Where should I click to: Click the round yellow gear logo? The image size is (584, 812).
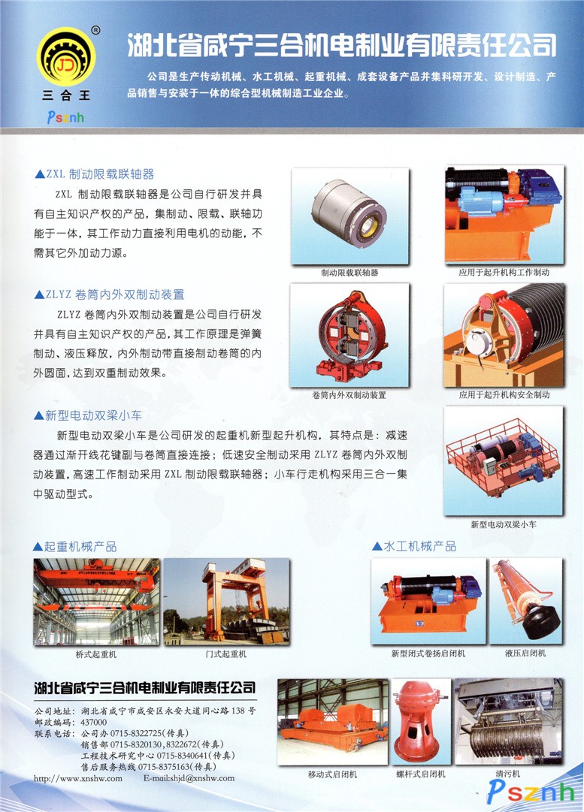(x=66, y=57)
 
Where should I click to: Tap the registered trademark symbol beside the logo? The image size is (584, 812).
(x=95, y=31)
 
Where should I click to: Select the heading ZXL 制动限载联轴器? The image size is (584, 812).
(x=94, y=174)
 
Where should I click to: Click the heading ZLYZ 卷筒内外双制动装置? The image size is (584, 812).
(x=109, y=294)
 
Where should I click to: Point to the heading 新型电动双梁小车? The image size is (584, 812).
(x=88, y=415)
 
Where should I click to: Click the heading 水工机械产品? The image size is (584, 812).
(x=414, y=546)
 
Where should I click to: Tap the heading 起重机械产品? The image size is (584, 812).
(x=74, y=546)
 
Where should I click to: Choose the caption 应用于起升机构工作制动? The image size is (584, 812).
(x=504, y=273)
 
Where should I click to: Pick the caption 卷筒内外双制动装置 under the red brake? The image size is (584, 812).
(x=349, y=395)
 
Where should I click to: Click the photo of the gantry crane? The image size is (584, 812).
(x=226, y=601)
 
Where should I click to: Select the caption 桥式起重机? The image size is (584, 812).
(x=96, y=654)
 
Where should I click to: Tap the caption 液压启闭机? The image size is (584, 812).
(x=525, y=653)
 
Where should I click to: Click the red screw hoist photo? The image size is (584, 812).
(x=420, y=721)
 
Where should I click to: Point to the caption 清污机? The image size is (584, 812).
(x=508, y=774)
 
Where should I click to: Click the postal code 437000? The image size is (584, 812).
(x=94, y=722)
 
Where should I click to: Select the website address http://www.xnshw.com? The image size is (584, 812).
(x=78, y=777)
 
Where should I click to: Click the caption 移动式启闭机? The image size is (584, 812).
(x=332, y=774)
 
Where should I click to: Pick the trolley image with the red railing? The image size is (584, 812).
(x=503, y=460)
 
